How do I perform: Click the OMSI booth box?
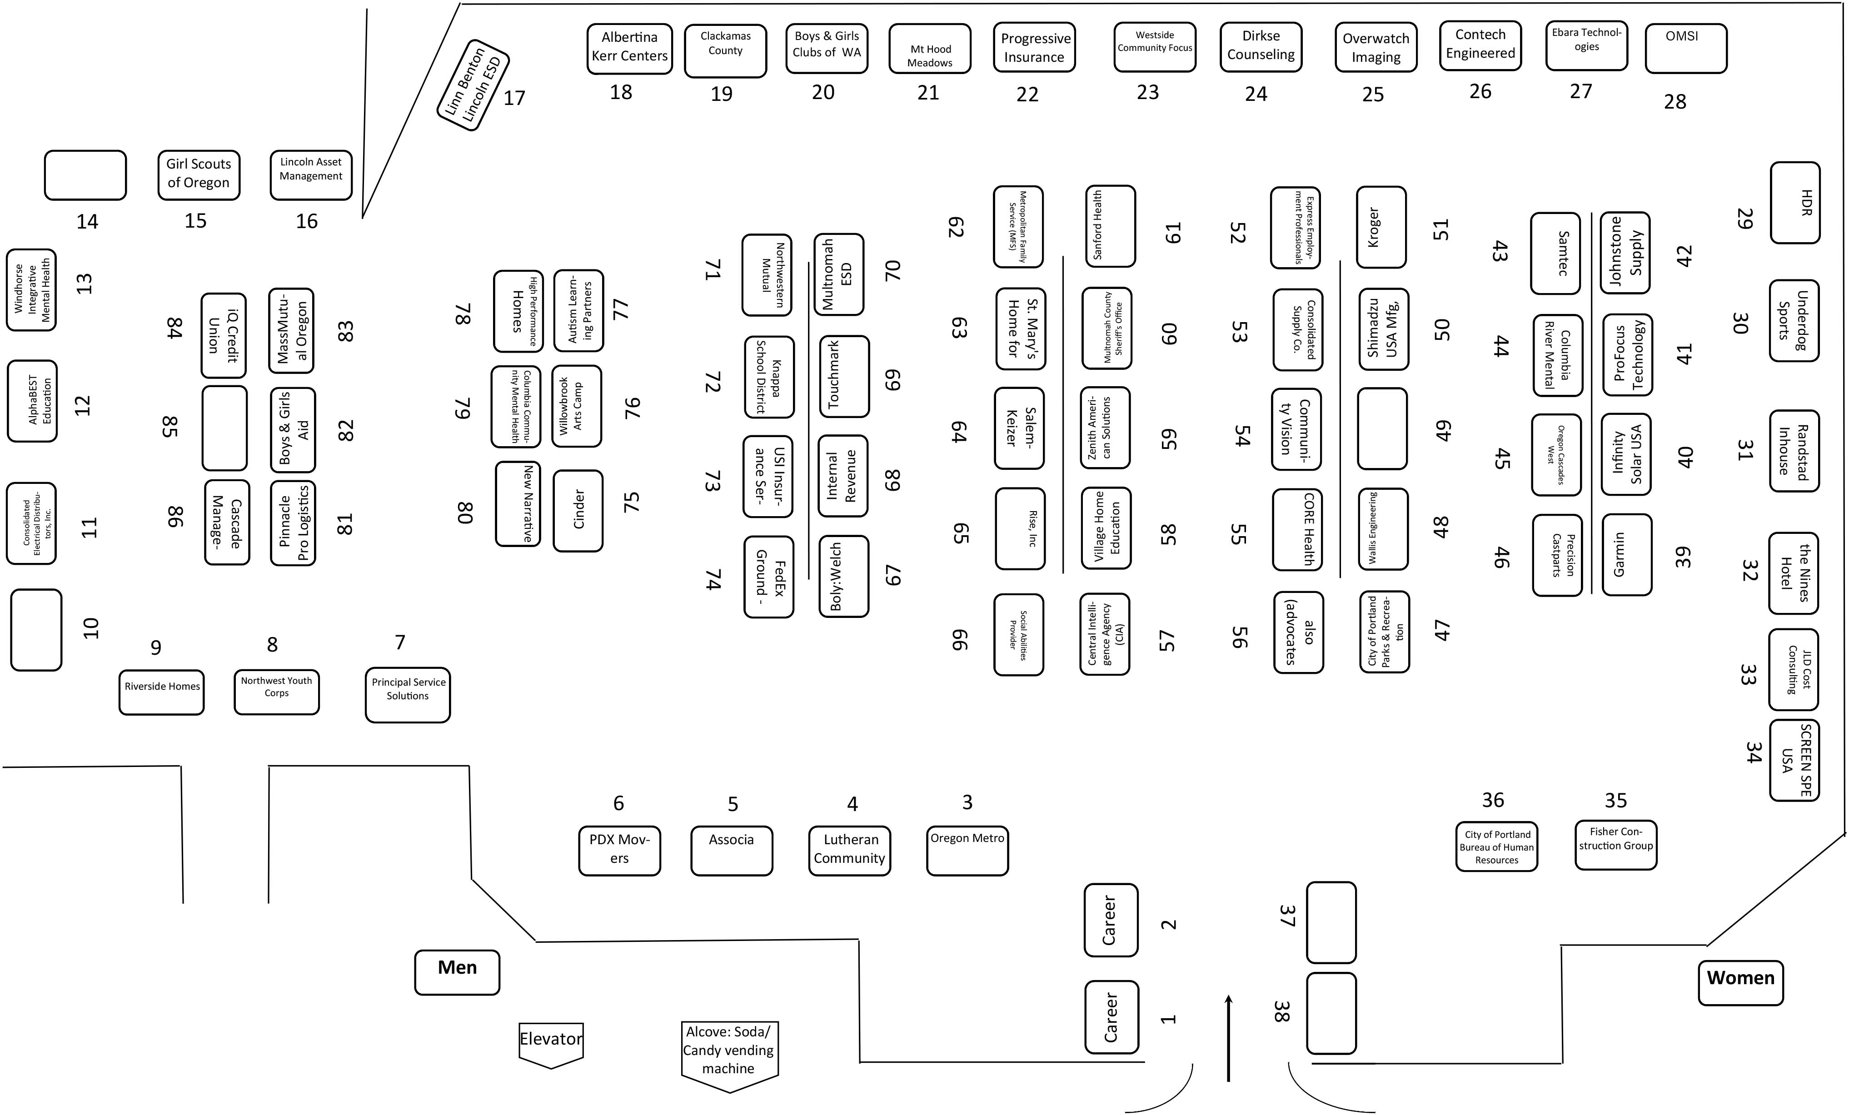pyautogui.click(x=1685, y=49)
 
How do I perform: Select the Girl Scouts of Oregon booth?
pyautogui.click(x=199, y=175)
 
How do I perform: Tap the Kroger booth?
pyautogui.click(x=1381, y=227)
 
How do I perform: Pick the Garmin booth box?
pyautogui.click(x=1627, y=554)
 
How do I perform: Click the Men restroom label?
pyautogui.click(x=457, y=972)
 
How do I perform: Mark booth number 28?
pyautogui.click(x=1675, y=101)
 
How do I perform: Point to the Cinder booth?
pyautogui.click(x=578, y=510)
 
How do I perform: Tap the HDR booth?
pyautogui.click(x=1795, y=203)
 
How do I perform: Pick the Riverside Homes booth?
pyautogui.click(x=161, y=692)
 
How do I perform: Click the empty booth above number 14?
pyautogui.click(x=85, y=175)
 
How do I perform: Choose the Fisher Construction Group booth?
pyautogui.click(x=1615, y=845)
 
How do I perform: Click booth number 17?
pyautogui.click(x=514, y=98)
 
